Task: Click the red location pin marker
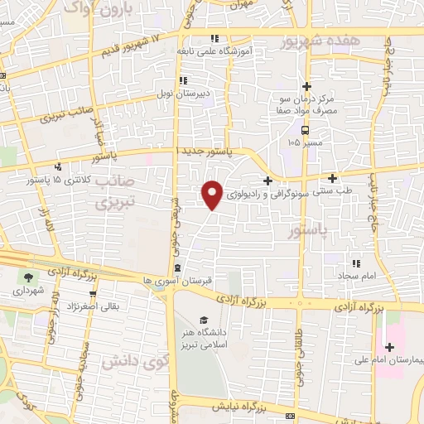coord(213,193)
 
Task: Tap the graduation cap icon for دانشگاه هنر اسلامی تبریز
coord(203,320)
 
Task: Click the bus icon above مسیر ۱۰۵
coord(306,130)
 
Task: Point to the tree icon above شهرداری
coord(30,278)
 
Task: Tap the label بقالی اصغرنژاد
coord(114,306)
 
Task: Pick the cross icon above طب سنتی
coord(333,178)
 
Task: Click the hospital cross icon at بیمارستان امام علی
coord(389,346)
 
